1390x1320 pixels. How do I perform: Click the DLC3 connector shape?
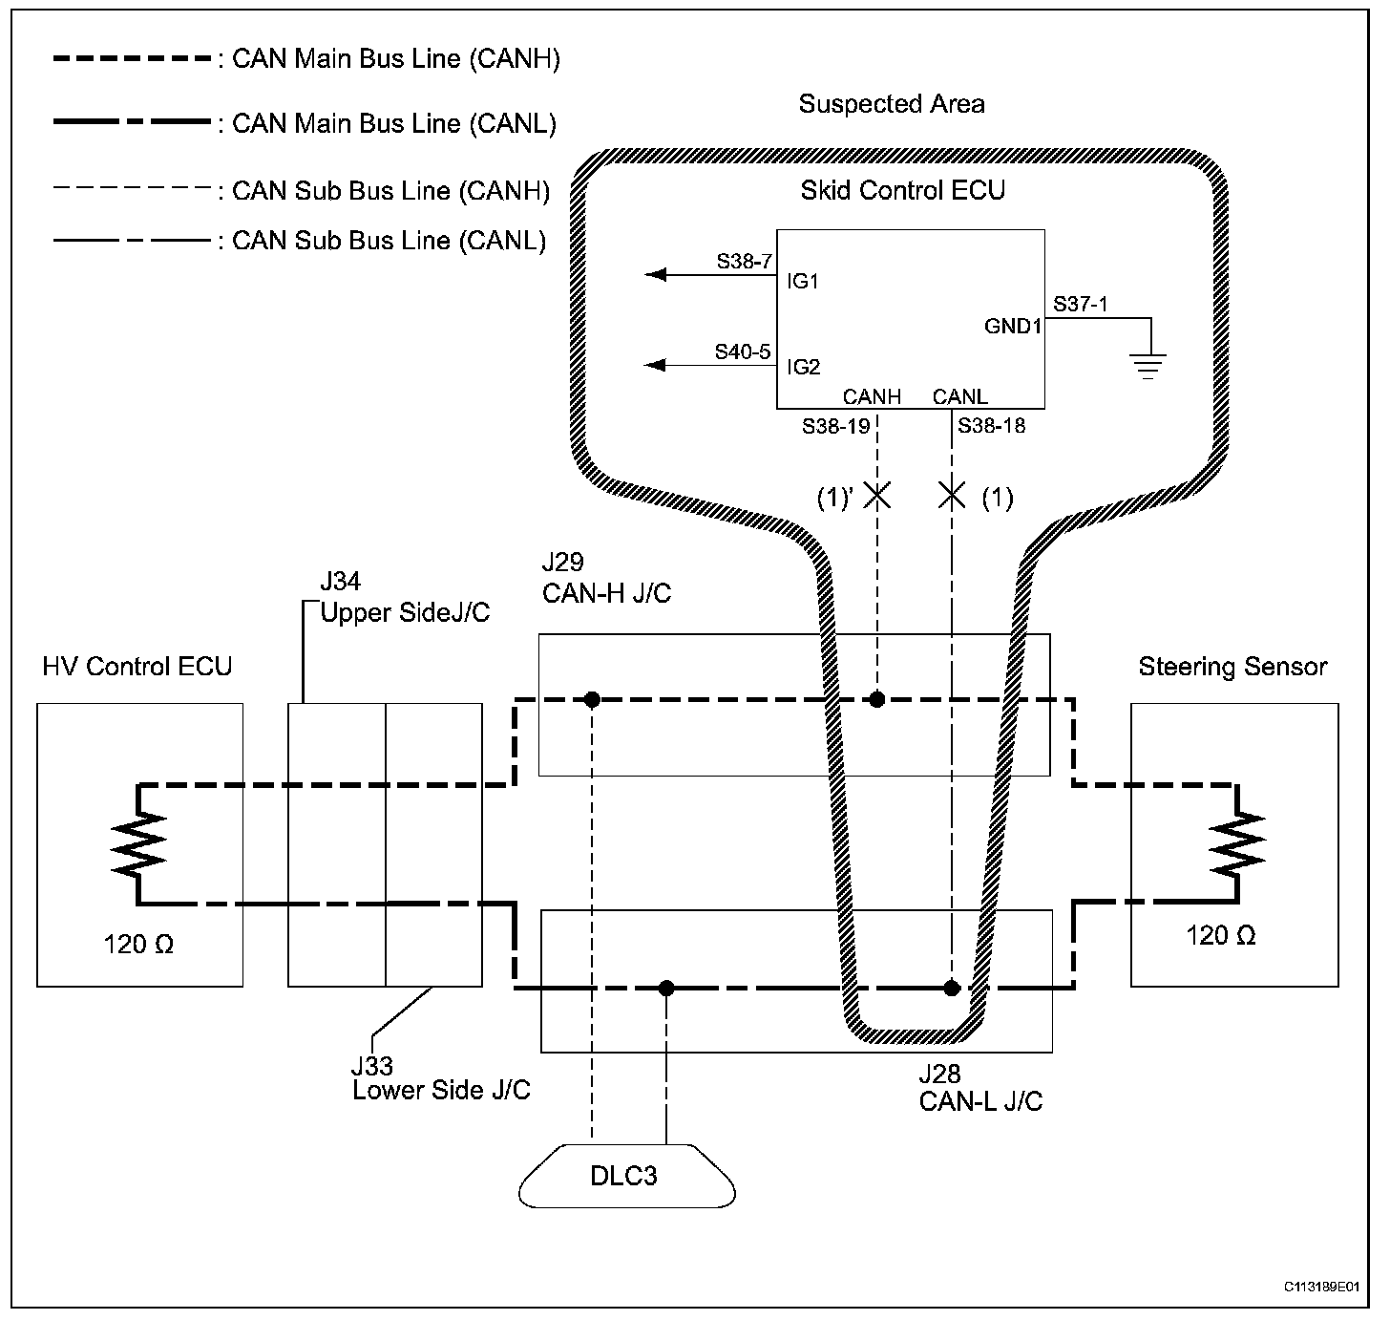point(626,1175)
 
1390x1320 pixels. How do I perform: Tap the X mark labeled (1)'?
point(876,495)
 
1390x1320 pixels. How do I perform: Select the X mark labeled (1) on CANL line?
point(952,495)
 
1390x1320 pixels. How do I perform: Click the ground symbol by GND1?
point(1148,365)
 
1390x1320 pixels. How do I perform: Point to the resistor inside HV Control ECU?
point(138,844)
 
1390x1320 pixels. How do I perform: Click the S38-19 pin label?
point(835,427)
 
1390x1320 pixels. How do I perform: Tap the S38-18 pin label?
point(991,426)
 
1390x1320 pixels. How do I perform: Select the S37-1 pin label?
point(1081,304)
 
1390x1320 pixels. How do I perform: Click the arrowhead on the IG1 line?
point(656,274)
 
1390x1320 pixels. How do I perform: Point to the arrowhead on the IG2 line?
point(656,365)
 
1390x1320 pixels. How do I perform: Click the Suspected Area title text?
point(892,104)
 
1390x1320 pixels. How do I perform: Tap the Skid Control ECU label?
point(902,190)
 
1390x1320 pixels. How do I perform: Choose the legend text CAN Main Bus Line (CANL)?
point(394,124)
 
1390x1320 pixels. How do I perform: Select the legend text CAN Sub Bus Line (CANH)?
point(391,191)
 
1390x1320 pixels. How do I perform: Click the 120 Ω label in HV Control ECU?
point(138,945)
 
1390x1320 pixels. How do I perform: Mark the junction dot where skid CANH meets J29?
point(876,699)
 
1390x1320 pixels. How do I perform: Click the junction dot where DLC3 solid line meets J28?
point(666,988)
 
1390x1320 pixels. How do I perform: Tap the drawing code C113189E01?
point(1321,1287)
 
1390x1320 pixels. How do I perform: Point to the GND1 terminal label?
point(1013,326)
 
